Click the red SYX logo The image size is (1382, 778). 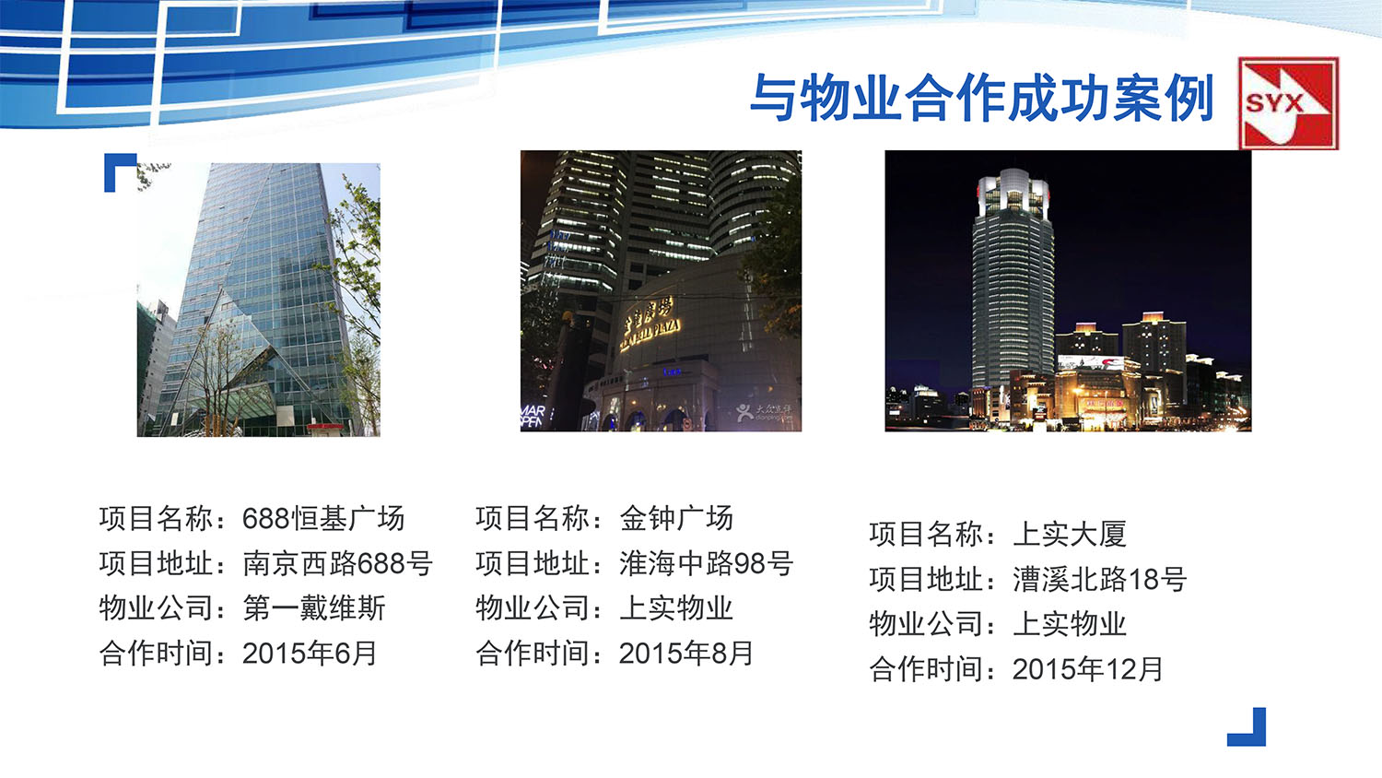(x=1287, y=103)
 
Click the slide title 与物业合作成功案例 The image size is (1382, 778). (x=982, y=98)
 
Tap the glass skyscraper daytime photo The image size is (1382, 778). (x=259, y=300)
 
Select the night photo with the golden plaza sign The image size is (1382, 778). (x=661, y=290)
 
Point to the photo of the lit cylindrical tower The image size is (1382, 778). (x=1068, y=290)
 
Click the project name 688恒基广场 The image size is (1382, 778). (x=323, y=518)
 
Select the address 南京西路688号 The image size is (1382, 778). (x=337, y=563)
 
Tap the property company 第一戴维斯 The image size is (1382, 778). (x=314, y=608)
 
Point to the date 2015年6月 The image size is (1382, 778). (x=310, y=654)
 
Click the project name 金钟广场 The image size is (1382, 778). (x=676, y=518)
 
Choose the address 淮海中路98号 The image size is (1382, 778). (x=706, y=563)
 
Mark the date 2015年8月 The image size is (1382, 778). (x=686, y=654)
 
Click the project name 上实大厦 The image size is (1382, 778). (x=1070, y=534)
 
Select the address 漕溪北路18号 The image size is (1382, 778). (x=1099, y=579)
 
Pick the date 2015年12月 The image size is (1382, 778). (x=1088, y=669)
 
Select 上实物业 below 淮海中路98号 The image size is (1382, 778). (x=676, y=608)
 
